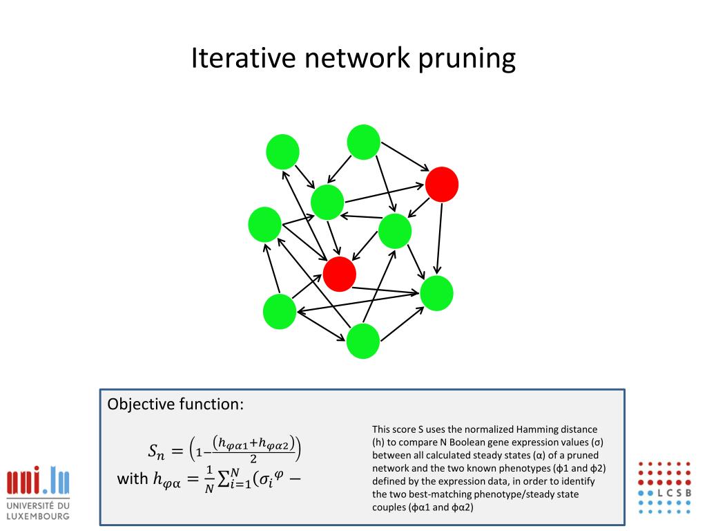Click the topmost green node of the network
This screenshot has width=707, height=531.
click(x=363, y=142)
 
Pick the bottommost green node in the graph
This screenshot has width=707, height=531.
click(x=363, y=341)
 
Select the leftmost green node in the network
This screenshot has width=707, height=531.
click(x=264, y=224)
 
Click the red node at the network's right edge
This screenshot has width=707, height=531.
click(x=442, y=184)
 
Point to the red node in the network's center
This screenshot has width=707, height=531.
click(x=339, y=274)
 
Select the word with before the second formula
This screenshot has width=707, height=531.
click(x=133, y=478)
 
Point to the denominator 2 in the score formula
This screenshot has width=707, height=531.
click(x=254, y=459)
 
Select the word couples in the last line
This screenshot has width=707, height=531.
click(x=387, y=507)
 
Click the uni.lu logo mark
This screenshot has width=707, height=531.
click(x=38, y=482)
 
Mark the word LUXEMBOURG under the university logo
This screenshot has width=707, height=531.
click(x=38, y=516)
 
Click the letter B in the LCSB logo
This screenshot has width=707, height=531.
click(x=687, y=492)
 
